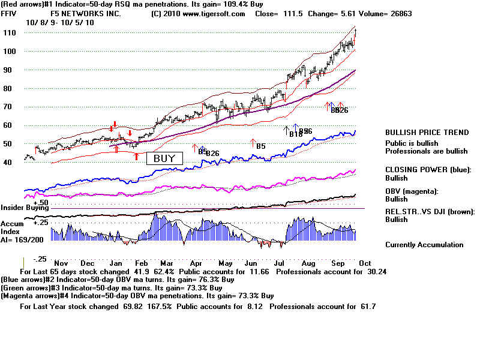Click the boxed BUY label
164,159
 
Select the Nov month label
60,263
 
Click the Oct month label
365,263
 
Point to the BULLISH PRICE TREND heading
427,133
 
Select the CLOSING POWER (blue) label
428,170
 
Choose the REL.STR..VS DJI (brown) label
429,211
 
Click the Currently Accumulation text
424,245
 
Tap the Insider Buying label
23,208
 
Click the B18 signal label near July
296,134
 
